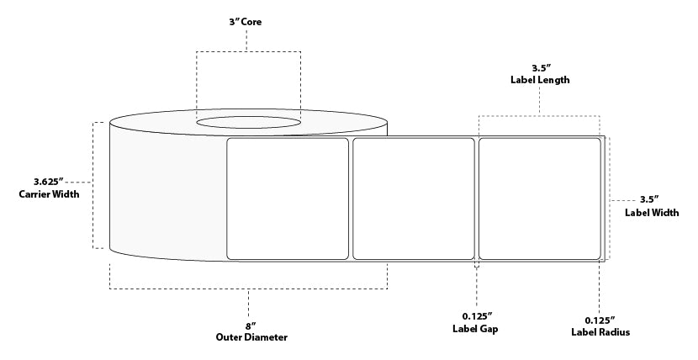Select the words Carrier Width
click(49, 194)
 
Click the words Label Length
click(540, 80)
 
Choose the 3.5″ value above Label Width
click(648, 199)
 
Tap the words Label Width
click(653, 213)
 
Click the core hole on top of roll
click(248, 124)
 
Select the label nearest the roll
click(288, 199)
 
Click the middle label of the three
click(413, 199)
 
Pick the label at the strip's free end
click(539, 199)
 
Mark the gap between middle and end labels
click(477, 199)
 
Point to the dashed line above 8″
click(248, 289)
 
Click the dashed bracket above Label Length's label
click(540, 115)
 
